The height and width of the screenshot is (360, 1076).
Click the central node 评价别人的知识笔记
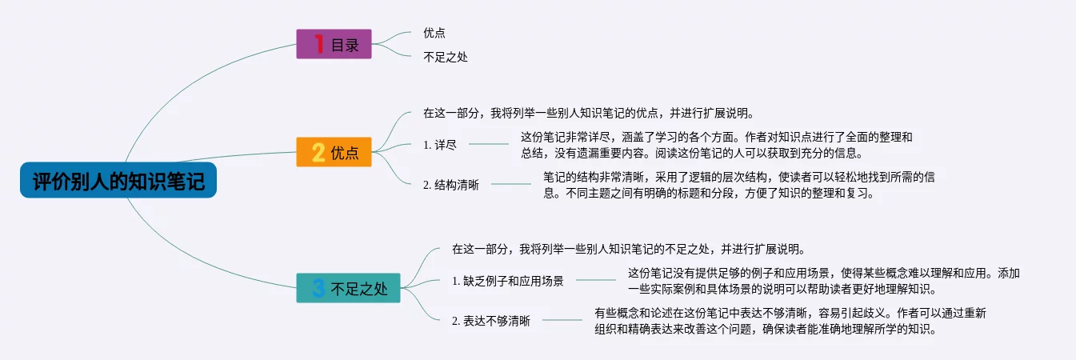[x=118, y=180]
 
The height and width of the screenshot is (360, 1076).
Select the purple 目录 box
[x=334, y=44]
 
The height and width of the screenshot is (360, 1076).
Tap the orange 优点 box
[x=334, y=152]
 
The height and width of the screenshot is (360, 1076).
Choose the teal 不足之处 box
[x=348, y=288]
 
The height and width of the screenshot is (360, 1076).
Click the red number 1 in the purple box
[x=318, y=44]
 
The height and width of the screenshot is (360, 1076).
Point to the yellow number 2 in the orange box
[x=318, y=152]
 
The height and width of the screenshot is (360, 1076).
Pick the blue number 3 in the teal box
[x=318, y=288]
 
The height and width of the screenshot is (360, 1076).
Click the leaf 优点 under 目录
[x=434, y=33]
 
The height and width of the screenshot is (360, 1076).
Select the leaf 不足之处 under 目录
[x=446, y=57]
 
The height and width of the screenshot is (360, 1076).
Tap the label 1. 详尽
[x=439, y=145]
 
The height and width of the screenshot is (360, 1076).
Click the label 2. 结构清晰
[x=450, y=185]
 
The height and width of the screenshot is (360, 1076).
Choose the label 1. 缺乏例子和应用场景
[x=507, y=281]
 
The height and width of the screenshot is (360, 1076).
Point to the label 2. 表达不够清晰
[x=490, y=321]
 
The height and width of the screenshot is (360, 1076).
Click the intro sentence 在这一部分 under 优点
[x=589, y=113]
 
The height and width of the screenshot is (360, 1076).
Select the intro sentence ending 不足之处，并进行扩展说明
[x=629, y=249]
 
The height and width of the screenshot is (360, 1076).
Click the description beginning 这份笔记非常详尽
[x=716, y=145]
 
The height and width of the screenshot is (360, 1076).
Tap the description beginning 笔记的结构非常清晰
[x=738, y=185]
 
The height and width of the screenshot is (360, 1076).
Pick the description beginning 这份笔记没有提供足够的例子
[x=824, y=281]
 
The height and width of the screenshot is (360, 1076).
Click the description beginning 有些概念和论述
[x=790, y=321]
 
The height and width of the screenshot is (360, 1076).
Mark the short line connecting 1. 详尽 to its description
[x=489, y=144]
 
